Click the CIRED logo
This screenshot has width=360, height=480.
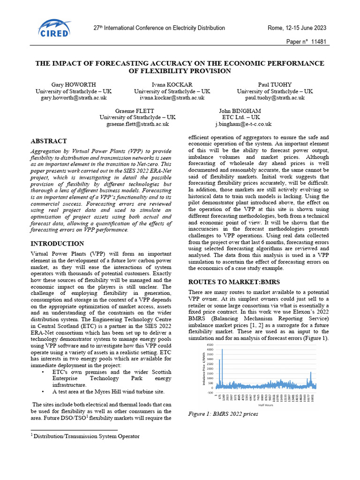click(55, 28)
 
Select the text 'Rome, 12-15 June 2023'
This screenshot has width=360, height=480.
click(299, 28)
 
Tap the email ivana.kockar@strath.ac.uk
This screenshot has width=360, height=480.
click(172, 98)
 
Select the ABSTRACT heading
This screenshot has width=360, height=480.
click(48, 141)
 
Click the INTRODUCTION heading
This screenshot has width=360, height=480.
click(57, 244)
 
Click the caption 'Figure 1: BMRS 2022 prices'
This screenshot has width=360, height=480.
click(223, 414)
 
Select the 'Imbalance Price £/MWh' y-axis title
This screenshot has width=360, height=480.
click(203, 367)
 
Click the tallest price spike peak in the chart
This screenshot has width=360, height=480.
click(222, 350)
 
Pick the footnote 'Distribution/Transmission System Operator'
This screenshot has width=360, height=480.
click(86, 436)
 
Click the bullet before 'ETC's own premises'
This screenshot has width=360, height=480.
click(43, 371)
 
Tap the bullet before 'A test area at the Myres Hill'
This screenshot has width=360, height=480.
click(43, 391)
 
